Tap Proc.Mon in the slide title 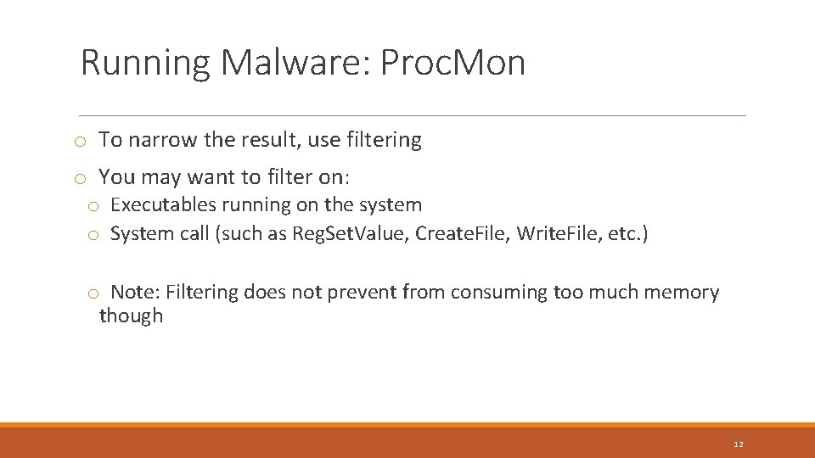452,63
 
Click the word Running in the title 144,63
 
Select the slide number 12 738,444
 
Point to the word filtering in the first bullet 383,140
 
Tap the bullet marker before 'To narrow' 78,141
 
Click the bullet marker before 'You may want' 78,178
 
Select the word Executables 164,205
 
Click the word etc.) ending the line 627,234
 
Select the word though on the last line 131,316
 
